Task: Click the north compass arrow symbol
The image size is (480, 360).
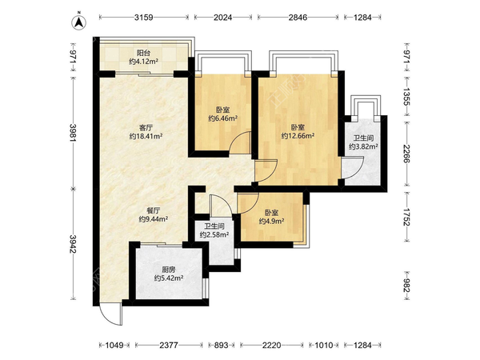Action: (x=79, y=22)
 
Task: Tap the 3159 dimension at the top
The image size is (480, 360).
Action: (x=144, y=18)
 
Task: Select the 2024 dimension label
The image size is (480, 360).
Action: (x=223, y=18)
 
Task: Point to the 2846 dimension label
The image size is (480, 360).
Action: (x=298, y=18)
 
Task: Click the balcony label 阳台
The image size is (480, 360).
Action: (x=143, y=54)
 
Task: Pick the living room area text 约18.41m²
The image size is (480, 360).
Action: (x=146, y=136)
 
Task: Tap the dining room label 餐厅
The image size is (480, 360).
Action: (x=153, y=211)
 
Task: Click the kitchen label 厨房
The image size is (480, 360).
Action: (x=169, y=270)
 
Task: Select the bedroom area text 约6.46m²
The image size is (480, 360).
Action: (x=223, y=118)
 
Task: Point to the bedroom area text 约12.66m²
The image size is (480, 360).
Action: (x=298, y=135)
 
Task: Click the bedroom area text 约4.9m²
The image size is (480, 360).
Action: (x=271, y=221)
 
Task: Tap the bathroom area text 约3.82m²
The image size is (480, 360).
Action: (x=363, y=146)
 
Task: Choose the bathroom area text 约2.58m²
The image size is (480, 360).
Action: (x=214, y=234)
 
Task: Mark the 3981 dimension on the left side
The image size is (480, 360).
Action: (x=73, y=133)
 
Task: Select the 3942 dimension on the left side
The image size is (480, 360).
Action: (x=73, y=244)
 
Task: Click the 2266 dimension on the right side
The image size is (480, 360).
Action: (x=406, y=154)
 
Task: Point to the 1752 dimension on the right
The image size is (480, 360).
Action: (x=406, y=217)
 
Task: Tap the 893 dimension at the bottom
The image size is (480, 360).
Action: (x=221, y=346)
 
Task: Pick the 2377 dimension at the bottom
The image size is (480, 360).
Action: (x=169, y=346)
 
